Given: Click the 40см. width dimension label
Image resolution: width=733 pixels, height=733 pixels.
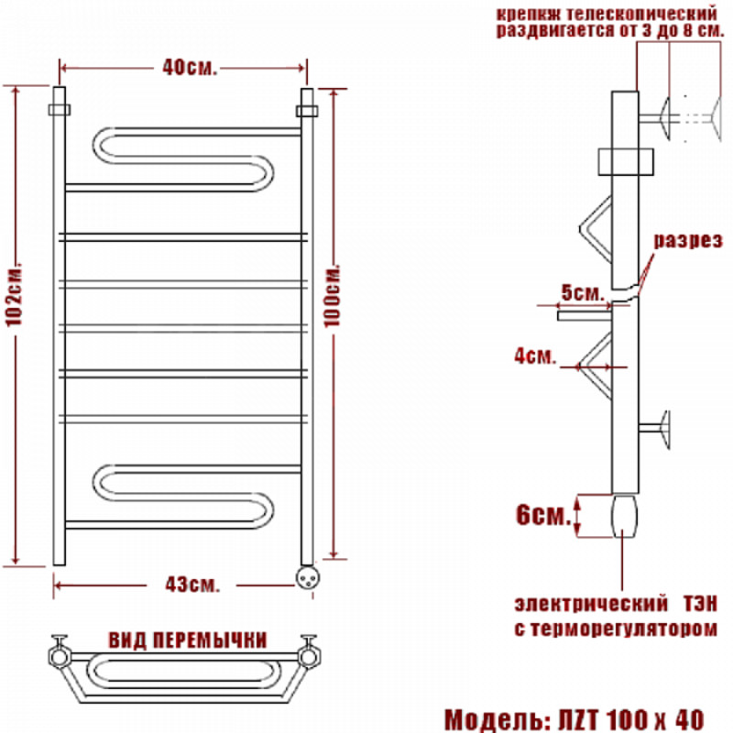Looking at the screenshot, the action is point(190,68).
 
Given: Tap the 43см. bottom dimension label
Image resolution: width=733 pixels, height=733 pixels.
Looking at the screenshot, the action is point(192,585).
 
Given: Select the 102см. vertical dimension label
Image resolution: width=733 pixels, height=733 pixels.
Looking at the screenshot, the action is point(14,297).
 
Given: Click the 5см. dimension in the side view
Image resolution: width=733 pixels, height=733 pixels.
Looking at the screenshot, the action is point(583,293).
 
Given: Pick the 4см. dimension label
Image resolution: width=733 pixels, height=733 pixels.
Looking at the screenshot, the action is point(536,356).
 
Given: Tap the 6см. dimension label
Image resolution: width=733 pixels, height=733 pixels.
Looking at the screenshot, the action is point(543,515).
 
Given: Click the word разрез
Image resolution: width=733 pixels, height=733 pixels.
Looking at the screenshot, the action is point(688,241).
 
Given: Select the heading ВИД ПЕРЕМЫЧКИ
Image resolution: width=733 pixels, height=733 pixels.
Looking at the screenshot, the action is point(188,640).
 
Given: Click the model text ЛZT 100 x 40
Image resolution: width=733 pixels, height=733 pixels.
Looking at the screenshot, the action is point(631,720).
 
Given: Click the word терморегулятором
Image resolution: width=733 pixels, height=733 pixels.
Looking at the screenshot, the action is point(624,629).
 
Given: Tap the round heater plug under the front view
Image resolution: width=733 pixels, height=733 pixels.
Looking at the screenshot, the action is point(308,577).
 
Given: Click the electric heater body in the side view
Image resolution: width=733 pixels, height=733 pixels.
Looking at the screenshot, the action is point(625,516).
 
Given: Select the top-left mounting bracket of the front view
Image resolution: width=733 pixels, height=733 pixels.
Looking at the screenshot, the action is point(60,109).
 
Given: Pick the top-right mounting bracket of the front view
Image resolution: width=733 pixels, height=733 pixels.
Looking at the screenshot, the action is point(307,111).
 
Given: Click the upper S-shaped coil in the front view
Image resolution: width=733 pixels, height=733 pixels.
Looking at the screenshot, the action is point(183,159).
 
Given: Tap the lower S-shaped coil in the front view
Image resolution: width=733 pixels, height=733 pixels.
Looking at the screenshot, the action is point(183,497).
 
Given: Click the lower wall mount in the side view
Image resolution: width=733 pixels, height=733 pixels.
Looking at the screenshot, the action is point(655,429).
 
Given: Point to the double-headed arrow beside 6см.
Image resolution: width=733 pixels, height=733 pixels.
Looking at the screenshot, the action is point(577,516).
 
